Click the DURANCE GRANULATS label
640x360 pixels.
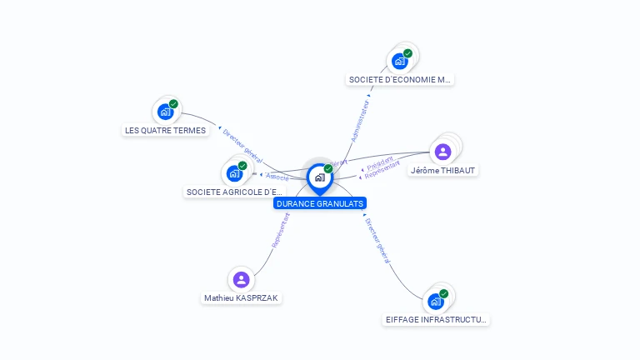click(320, 203)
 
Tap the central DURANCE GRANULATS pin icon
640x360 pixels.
click(320, 177)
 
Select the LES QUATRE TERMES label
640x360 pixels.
click(165, 130)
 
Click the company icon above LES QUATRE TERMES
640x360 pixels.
click(165, 112)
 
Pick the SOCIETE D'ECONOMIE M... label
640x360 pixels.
click(400, 80)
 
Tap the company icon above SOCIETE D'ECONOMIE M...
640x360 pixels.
click(401, 61)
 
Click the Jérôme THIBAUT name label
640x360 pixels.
click(444, 171)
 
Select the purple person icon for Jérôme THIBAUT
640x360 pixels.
click(443, 152)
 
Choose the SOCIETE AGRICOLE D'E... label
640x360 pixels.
click(234, 192)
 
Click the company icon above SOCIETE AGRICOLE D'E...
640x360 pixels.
click(234, 173)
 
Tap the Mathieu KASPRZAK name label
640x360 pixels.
click(242, 297)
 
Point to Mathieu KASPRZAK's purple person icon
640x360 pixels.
click(242, 279)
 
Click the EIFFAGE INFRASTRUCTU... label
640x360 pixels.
click(437, 319)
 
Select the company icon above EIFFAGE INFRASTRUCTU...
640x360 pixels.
click(436, 301)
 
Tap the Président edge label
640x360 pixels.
click(379, 163)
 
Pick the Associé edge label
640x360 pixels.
click(277, 177)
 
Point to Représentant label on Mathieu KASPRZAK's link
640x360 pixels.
click(280, 230)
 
